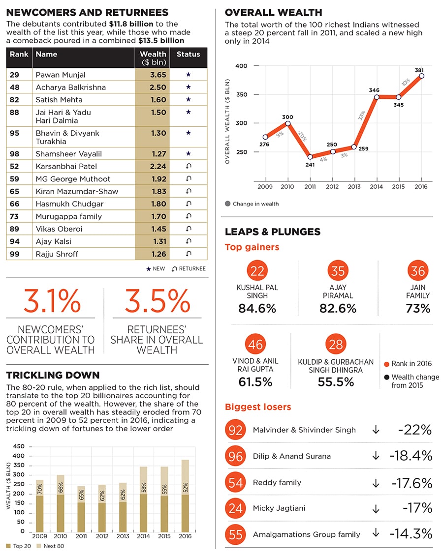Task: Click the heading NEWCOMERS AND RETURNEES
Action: (87, 13)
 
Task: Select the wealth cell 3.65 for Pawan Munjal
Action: (153, 75)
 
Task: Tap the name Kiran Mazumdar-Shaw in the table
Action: (77, 191)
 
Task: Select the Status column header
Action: (188, 54)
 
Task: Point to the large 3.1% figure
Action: (52, 301)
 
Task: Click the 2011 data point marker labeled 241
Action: (310, 157)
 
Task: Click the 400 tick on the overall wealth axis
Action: (241, 66)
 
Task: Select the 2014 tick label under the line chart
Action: (376, 187)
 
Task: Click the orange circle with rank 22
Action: (257, 271)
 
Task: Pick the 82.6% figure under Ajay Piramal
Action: (338, 308)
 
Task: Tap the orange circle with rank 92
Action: (236, 430)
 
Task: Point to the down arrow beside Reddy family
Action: (376, 483)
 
